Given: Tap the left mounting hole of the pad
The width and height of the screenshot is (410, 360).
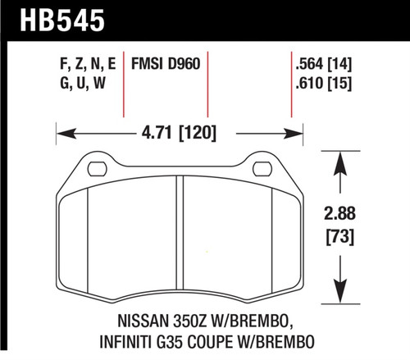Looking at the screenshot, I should coord(97,170).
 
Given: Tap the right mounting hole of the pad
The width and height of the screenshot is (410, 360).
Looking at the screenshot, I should coord(262,170).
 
